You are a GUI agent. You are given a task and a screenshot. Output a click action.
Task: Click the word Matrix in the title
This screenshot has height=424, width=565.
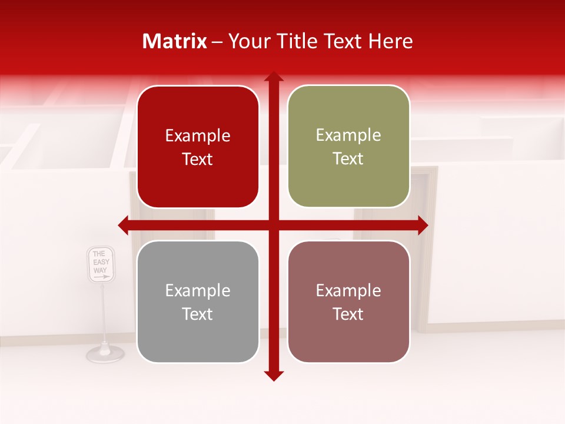(x=175, y=41)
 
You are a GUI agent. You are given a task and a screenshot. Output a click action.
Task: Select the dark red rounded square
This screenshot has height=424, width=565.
(x=198, y=147)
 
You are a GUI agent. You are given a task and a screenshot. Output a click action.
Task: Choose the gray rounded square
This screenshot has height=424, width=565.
(x=198, y=302)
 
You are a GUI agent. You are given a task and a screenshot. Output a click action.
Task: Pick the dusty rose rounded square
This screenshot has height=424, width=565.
(x=348, y=302)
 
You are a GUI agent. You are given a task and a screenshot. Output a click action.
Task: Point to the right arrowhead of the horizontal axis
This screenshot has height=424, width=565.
(x=423, y=225)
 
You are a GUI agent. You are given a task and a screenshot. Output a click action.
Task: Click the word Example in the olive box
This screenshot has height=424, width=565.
(x=348, y=135)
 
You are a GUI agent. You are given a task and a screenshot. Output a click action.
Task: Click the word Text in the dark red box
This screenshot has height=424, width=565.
(x=198, y=159)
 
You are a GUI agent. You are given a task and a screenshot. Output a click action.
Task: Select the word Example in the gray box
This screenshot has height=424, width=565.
(x=198, y=290)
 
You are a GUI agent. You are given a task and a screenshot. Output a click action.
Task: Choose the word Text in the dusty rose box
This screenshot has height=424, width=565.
(x=348, y=314)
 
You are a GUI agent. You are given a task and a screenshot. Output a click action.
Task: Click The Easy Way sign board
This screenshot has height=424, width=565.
(x=101, y=264)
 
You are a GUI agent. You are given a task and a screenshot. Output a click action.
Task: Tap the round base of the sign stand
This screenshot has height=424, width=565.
(x=105, y=353)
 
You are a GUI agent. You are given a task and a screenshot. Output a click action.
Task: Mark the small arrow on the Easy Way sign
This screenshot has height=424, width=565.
(x=101, y=276)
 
